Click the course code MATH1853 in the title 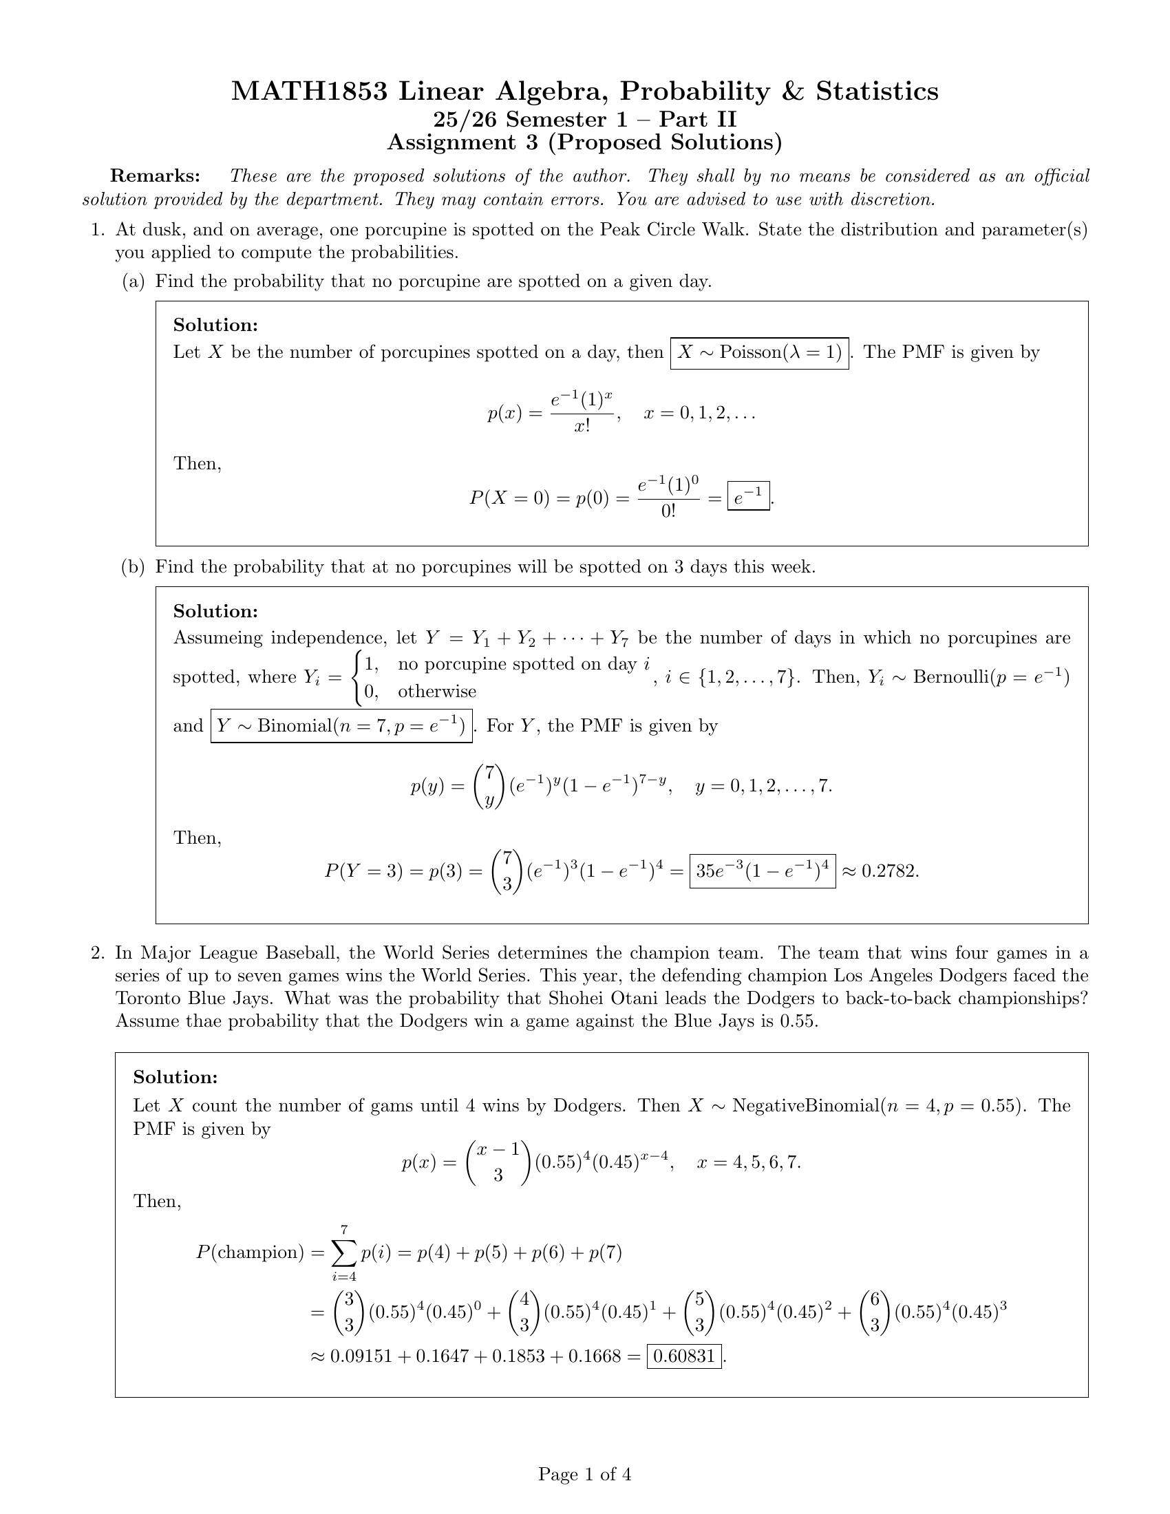[309, 92]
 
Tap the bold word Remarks [156, 176]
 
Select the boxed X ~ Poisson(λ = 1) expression [759, 352]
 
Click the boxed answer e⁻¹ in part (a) [749, 496]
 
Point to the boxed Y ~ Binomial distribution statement [341, 726]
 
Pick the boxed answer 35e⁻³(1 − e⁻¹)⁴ [763, 871]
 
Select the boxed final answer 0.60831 [684, 1356]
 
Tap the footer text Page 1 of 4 [584, 1474]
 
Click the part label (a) [134, 281]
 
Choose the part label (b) [134, 567]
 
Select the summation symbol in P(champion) [344, 1252]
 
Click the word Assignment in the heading [451, 142]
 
